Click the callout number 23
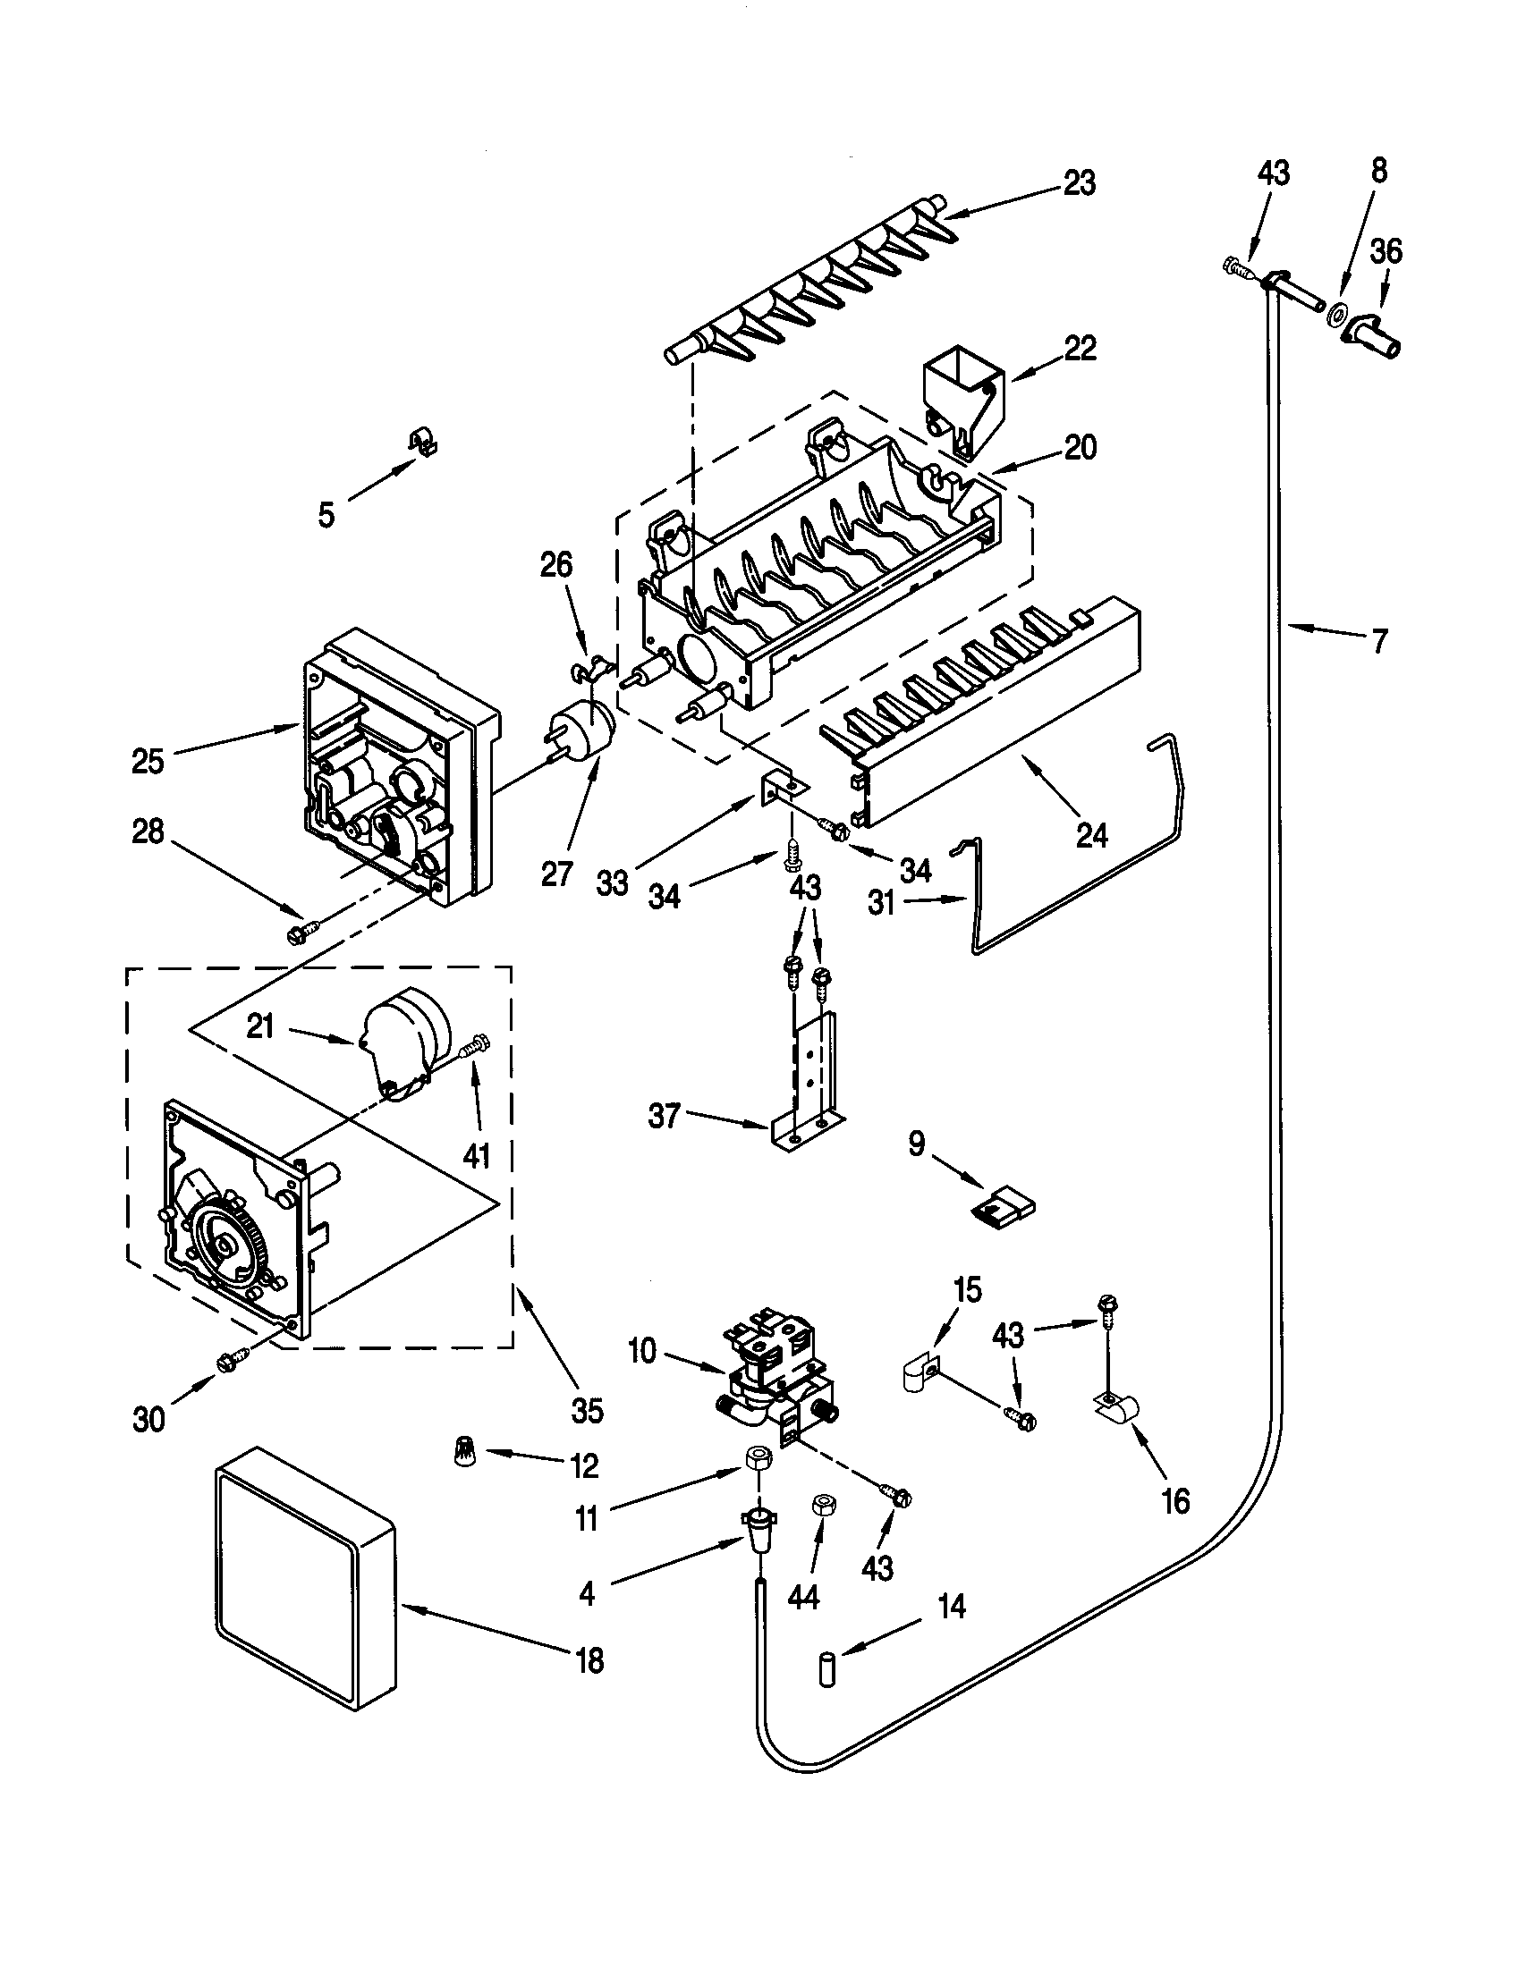pyautogui.click(x=1080, y=182)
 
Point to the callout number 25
pyautogui.click(x=148, y=761)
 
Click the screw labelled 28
pyautogui.click(x=300, y=934)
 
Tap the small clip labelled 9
pyautogui.click(x=1002, y=1204)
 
